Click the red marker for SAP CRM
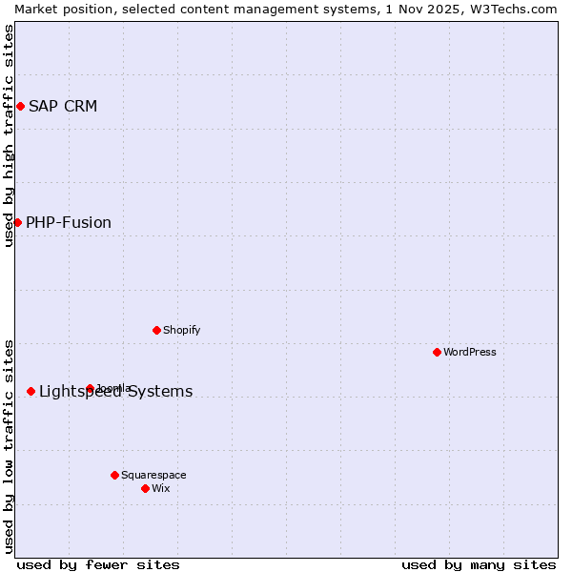pyautogui.click(x=20, y=106)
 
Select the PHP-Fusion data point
pyautogui.click(x=17, y=222)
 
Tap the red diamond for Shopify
pyautogui.click(x=156, y=330)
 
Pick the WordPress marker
pyautogui.click(x=437, y=352)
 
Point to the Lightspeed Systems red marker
pyautogui.click(x=31, y=391)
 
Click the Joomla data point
pyautogui.click(x=90, y=388)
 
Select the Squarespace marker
pyautogui.click(x=114, y=475)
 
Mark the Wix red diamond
pyautogui.click(x=145, y=488)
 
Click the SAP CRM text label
pyautogui.click(x=63, y=106)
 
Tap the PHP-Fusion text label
pyautogui.click(x=69, y=222)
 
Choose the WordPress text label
pyautogui.click(x=470, y=352)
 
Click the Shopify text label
pyautogui.click(x=181, y=330)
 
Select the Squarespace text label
pyautogui.click(x=153, y=475)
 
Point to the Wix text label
pyautogui.click(x=161, y=488)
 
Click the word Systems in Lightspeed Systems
pyautogui.click(x=161, y=391)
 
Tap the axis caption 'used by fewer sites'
pyautogui.click(x=98, y=564)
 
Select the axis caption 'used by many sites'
pyautogui.click(x=479, y=564)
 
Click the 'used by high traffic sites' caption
pyautogui.click(x=9, y=135)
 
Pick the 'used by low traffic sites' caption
pyautogui.click(x=9, y=446)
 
